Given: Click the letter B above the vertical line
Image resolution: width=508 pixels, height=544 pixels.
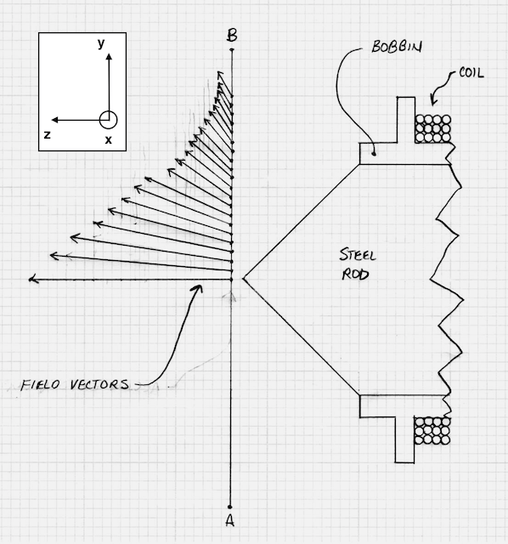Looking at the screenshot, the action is tap(232, 36).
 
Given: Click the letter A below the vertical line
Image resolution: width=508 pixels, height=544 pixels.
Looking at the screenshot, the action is tap(229, 520).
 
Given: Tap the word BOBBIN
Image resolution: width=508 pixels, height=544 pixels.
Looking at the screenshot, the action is tap(397, 47).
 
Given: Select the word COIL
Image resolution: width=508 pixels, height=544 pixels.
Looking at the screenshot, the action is tap(471, 73).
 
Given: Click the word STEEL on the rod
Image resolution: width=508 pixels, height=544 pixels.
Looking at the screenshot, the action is tap(358, 255).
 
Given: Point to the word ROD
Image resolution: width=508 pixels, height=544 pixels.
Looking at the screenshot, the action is tap(355, 275).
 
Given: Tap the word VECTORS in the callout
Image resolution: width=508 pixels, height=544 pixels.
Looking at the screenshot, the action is tap(100, 384).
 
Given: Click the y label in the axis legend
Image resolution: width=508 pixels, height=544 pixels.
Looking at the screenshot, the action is tap(101, 43).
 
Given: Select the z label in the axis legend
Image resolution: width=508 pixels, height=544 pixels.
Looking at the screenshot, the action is tap(48, 134).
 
